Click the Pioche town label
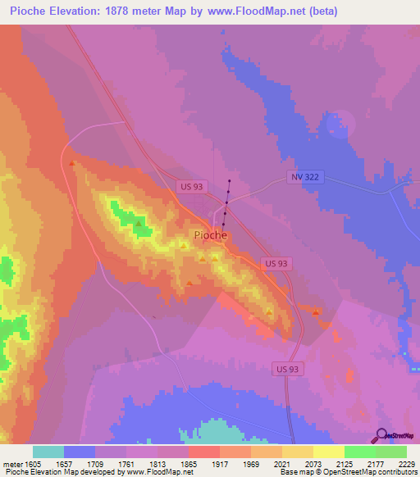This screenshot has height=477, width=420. [210, 235]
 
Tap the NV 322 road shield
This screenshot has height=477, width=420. [304, 178]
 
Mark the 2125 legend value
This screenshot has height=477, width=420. [345, 463]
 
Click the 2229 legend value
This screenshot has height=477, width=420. [408, 463]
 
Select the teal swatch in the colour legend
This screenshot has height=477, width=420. [48, 452]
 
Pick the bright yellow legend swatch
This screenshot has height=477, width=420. [328, 452]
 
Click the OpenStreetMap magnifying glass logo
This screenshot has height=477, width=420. [380, 436]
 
